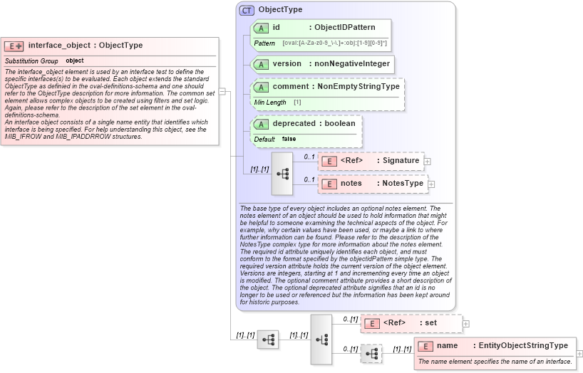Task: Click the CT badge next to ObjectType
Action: click(247, 10)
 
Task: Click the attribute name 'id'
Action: click(277, 28)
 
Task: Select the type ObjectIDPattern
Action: click(345, 28)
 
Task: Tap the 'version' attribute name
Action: click(287, 64)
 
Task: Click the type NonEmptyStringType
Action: click(358, 87)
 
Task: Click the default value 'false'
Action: click(289, 139)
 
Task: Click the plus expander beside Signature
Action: click(428, 162)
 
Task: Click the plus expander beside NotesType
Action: click(431, 184)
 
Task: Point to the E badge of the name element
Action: click(425, 346)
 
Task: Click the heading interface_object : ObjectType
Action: click(85, 46)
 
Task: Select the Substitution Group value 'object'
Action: click(75, 61)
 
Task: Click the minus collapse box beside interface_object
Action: click(222, 91)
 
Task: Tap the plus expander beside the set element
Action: click(466, 324)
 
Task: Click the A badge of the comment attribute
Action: click(261, 87)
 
